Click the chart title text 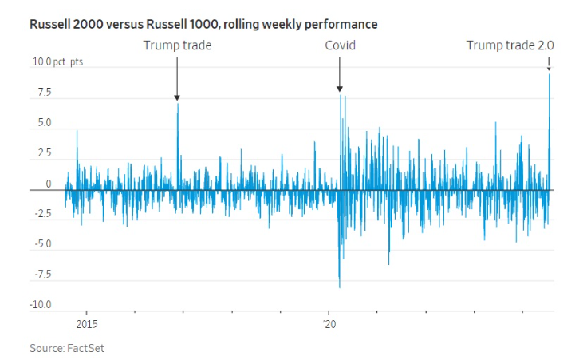tap(203, 25)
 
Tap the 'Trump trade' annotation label tap(177, 45)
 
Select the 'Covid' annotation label tap(340, 45)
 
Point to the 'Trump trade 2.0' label tap(510, 45)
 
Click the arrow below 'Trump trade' tap(177, 80)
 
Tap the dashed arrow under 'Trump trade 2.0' tap(549, 64)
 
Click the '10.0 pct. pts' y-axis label tap(59, 63)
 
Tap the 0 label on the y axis tap(48, 184)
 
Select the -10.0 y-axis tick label tap(40, 305)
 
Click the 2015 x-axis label tap(87, 324)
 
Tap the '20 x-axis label tap(329, 324)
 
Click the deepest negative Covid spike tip tap(340, 287)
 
